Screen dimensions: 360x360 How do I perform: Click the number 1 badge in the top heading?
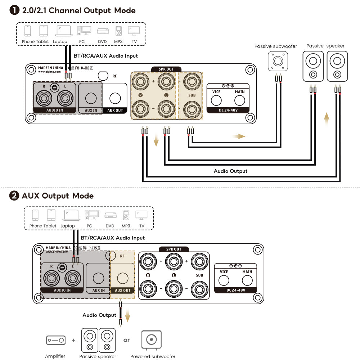pyautogui.click(x=14, y=10)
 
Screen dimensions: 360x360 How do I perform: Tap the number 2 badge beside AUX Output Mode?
pyautogui.click(x=14, y=196)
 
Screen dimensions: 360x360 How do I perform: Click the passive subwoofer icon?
pyautogui.click(x=278, y=61)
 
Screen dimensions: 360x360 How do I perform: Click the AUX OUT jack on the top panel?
pyautogui.click(x=115, y=98)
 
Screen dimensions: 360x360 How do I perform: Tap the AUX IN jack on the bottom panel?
pyautogui.click(x=98, y=278)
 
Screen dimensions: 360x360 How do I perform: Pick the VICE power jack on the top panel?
pyautogui.click(x=216, y=100)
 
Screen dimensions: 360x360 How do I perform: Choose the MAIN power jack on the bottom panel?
pyautogui.click(x=247, y=280)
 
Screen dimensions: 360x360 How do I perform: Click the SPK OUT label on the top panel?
pyautogui.click(x=166, y=69)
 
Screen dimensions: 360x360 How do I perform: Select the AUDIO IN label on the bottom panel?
pyautogui.click(x=62, y=290)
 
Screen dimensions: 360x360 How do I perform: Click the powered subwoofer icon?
pyautogui.click(x=152, y=340)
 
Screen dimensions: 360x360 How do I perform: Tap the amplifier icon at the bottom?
pyautogui.click(x=55, y=340)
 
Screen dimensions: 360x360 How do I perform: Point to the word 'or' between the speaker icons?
pyautogui.click(x=126, y=340)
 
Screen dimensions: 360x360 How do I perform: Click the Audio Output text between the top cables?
pyautogui.click(x=230, y=171)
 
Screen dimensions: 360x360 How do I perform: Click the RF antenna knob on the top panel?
pyautogui.click(x=103, y=75)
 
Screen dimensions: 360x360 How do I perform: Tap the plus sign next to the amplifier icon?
pyautogui.click(x=73, y=340)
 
